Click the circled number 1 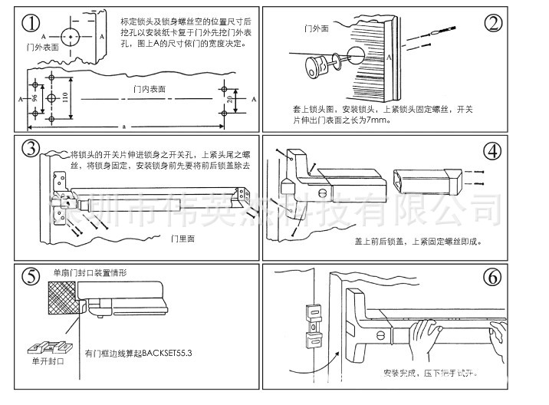coord(30,23)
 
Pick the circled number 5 coord(30,277)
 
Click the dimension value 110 coord(66,97)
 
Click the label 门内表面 coord(149,89)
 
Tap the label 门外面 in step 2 coord(316,29)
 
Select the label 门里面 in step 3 coord(182,239)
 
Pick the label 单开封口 coord(48,361)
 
